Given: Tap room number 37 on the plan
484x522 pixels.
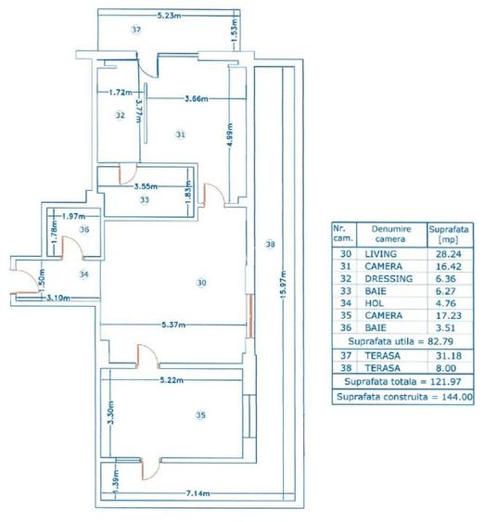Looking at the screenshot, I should point(136,31).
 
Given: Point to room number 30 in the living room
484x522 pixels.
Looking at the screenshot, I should point(199,282).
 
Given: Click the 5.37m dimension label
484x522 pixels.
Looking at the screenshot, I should point(172,325).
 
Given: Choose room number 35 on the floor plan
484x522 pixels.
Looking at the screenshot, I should point(199,415).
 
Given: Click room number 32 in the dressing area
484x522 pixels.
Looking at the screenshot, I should point(121,116).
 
